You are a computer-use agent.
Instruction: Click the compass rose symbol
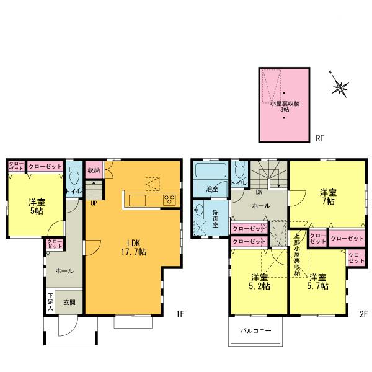click(x=341, y=89)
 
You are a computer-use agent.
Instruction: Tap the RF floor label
click(x=320, y=137)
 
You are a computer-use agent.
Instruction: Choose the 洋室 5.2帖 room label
click(x=260, y=281)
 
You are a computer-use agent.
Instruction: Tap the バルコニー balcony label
click(x=256, y=330)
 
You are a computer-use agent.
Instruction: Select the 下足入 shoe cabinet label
click(x=50, y=302)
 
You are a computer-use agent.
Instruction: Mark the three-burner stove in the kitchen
click(x=169, y=199)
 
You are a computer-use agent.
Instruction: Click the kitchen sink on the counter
click(x=137, y=200)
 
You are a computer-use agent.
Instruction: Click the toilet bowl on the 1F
click(x=74, y=178)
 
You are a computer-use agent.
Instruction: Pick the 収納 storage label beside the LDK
click(x=94, y=170)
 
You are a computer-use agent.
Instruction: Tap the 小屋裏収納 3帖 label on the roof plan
click(x=285, y=106)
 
